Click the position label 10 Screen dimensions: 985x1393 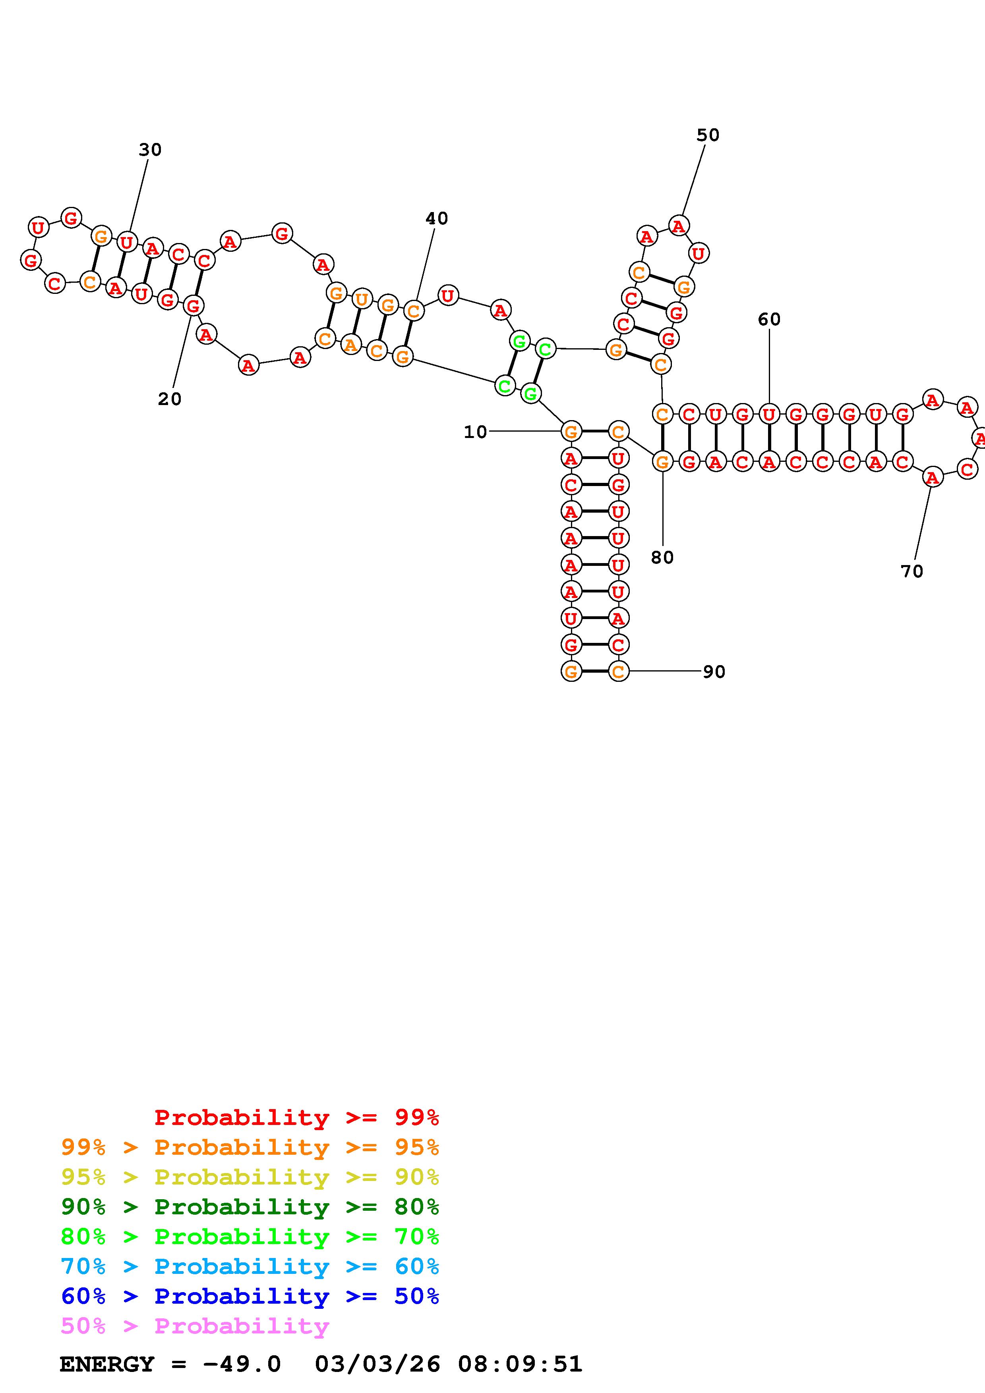tap(475, 432)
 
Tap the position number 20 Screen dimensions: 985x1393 tap(169, 399)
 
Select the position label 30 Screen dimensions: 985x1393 tap(150, 149)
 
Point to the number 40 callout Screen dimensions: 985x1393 tap(436, 218)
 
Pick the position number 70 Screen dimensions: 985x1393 tap(911, 571)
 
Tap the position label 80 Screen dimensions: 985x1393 tap(662, 558)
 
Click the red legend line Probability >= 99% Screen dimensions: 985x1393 tap(297, 1117)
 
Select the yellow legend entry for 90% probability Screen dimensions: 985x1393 tap(250, 1177)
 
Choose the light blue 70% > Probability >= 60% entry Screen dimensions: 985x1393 tap(250, 1266)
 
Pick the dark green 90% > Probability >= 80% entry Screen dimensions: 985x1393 tap(250, 1207)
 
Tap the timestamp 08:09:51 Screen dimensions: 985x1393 tap(520, 1364)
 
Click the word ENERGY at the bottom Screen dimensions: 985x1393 tap(107, 1364)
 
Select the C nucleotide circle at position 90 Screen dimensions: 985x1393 tap(618, 671)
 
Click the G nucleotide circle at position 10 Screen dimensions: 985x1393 tap(571, 432)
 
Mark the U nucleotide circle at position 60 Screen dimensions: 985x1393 tap(769, 415)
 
